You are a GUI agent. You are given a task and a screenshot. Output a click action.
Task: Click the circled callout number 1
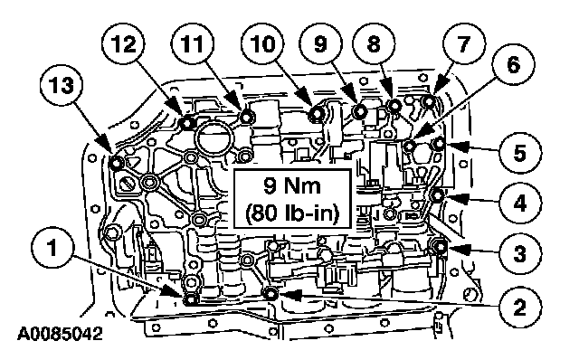pos(52,248)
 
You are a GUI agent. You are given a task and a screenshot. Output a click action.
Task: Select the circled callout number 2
pos(519,306)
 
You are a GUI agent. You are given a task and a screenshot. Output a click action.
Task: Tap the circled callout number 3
pos(520,253)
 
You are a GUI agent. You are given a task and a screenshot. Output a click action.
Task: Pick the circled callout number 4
pos(520,203)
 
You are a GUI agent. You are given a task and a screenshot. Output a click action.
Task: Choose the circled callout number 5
pos(520,153)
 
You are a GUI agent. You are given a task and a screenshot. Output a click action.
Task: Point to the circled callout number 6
pos(513,66)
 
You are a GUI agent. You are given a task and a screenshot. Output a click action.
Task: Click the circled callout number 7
pos(464,44)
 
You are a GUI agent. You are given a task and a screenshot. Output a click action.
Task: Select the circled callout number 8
pos(374,44)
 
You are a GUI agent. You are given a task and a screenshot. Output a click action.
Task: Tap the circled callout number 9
pos(320,44)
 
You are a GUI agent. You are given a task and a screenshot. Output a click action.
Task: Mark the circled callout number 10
pos(262,44)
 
